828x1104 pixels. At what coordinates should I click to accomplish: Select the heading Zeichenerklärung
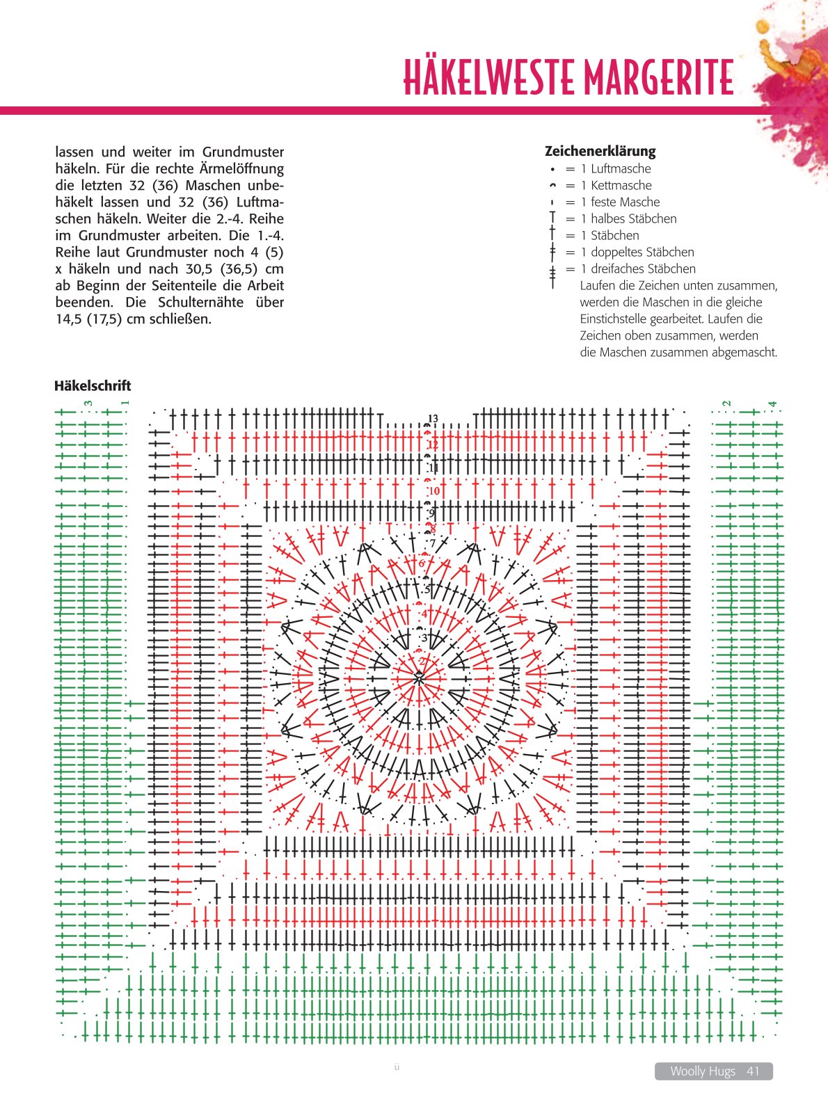600,151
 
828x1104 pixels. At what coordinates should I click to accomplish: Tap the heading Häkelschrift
93,385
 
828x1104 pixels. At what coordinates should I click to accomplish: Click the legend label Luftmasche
621,168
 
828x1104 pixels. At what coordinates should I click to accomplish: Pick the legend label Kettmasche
621,185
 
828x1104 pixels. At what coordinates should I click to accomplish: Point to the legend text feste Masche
625,202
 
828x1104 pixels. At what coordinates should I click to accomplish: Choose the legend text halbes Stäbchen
633,218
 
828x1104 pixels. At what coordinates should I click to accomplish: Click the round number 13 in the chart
433,419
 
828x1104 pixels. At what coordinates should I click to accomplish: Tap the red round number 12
433,445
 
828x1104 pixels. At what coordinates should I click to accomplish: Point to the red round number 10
434,491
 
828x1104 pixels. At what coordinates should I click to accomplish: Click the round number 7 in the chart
433,543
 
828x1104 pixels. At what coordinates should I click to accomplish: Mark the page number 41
753,1071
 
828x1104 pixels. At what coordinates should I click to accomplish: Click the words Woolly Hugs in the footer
702,1071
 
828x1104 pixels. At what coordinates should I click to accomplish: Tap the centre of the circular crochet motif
419,678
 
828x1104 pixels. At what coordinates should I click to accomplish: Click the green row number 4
772,404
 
